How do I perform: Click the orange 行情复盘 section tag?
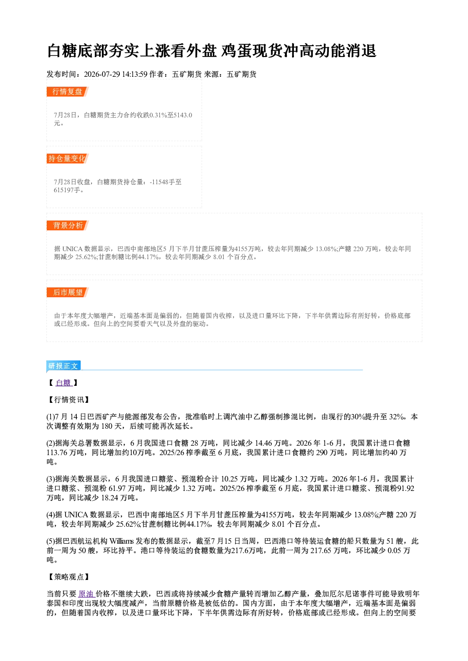pyautogui.click(x=67, y=91)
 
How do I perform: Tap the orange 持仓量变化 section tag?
pyautogui.click(x=67, y=158)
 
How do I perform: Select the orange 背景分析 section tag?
pyautogui.click(x=67, y=226)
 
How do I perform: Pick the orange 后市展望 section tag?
pyautogui.click(x=67, y=293)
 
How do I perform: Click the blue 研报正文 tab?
pyautogui.click(x=63, y=366)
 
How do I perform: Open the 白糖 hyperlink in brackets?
pyautogui.click(x=64, y=383)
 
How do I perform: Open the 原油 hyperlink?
pyautogui.click(x=86, y=594)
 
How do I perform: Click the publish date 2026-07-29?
pyautogui.click(x=102, y=74)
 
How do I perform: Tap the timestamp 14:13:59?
pyautogui.click(x=134, y=74)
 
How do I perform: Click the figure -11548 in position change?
pyautogui.click(x=159, y=182)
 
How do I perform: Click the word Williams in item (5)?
pyautogui.click(x=121, y=541)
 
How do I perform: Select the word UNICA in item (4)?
pyautogui.click(x=76, y=515)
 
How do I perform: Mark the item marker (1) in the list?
pyautogui.click(x=50, y=417)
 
